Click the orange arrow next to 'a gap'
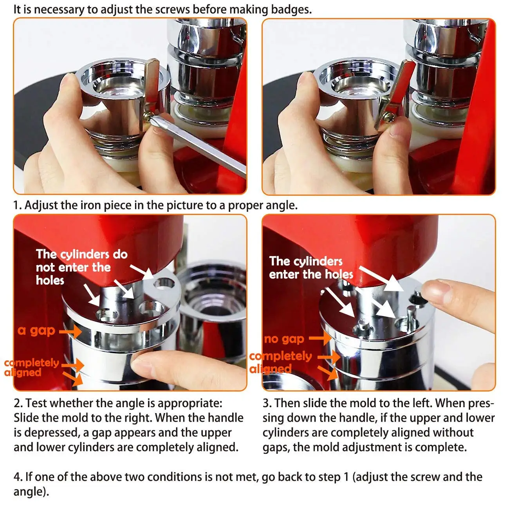[70, 331]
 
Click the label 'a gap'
[36, 330]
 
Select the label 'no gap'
[284, 339]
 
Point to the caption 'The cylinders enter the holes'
[311, 267]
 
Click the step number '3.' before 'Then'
[267, 403]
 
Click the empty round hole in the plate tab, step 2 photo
[164, 283]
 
